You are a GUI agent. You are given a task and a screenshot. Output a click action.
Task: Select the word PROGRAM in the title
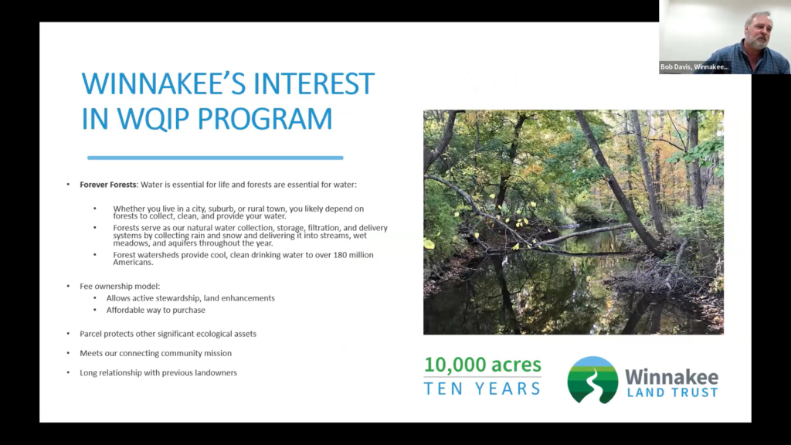click(265, 119)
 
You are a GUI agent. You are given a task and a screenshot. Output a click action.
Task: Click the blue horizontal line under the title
click(216, 158)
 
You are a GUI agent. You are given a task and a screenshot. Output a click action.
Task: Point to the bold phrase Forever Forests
click(108, 185)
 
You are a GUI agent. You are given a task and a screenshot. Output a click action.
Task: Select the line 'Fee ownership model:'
click(120, 286)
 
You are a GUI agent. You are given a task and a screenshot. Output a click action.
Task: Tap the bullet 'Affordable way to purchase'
click(156, 310)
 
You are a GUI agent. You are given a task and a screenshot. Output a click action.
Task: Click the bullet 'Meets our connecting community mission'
click(155, 353)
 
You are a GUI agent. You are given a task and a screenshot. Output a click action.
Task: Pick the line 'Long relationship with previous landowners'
click(158, 373)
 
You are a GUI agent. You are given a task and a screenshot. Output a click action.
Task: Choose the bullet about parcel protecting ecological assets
click(168, 334)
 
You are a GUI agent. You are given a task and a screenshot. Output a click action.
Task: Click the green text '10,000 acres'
click(483, 365)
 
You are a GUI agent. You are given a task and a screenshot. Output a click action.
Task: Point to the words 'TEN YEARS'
click(482, 389)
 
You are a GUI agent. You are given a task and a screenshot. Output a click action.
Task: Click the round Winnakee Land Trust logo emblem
click(592, 380)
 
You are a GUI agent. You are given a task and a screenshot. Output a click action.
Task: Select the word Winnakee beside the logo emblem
click(672, 377)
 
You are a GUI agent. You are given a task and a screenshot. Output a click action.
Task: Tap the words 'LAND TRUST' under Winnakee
click(673, 392)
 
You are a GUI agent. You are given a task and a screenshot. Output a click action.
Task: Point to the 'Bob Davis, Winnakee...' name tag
click(694, 67)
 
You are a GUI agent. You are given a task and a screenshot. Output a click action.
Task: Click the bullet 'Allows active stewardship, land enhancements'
click(191, 298)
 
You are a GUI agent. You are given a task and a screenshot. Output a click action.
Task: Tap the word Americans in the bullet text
click(133, 263)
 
